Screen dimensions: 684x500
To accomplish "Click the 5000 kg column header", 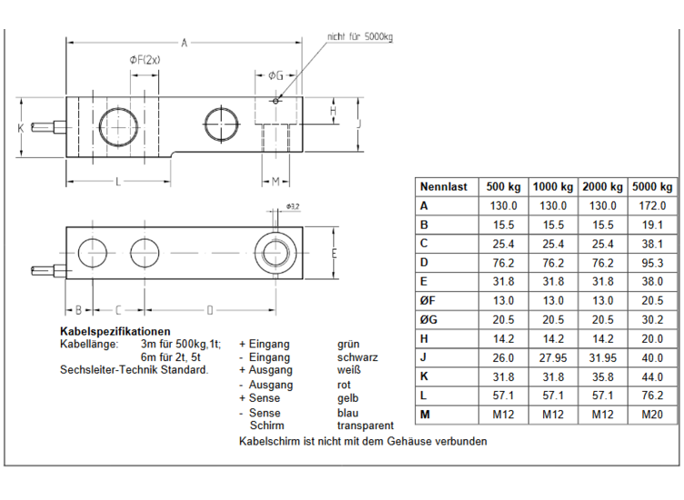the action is click(652, 187).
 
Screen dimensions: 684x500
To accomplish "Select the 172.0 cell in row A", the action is click(652, 205).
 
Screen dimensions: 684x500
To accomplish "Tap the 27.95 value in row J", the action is click(553, 358).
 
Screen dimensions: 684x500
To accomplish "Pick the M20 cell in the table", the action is click(652, 415).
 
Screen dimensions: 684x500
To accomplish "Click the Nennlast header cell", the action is click(443, 187).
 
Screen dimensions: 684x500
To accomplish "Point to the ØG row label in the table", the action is click(428, 320).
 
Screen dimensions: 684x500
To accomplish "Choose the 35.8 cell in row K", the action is click(602, 376).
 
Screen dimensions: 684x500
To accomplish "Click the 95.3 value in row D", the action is click(652, 263).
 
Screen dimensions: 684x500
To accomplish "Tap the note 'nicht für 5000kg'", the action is click(360, 36).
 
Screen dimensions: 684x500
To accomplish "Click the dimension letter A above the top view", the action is click(184, 43).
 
